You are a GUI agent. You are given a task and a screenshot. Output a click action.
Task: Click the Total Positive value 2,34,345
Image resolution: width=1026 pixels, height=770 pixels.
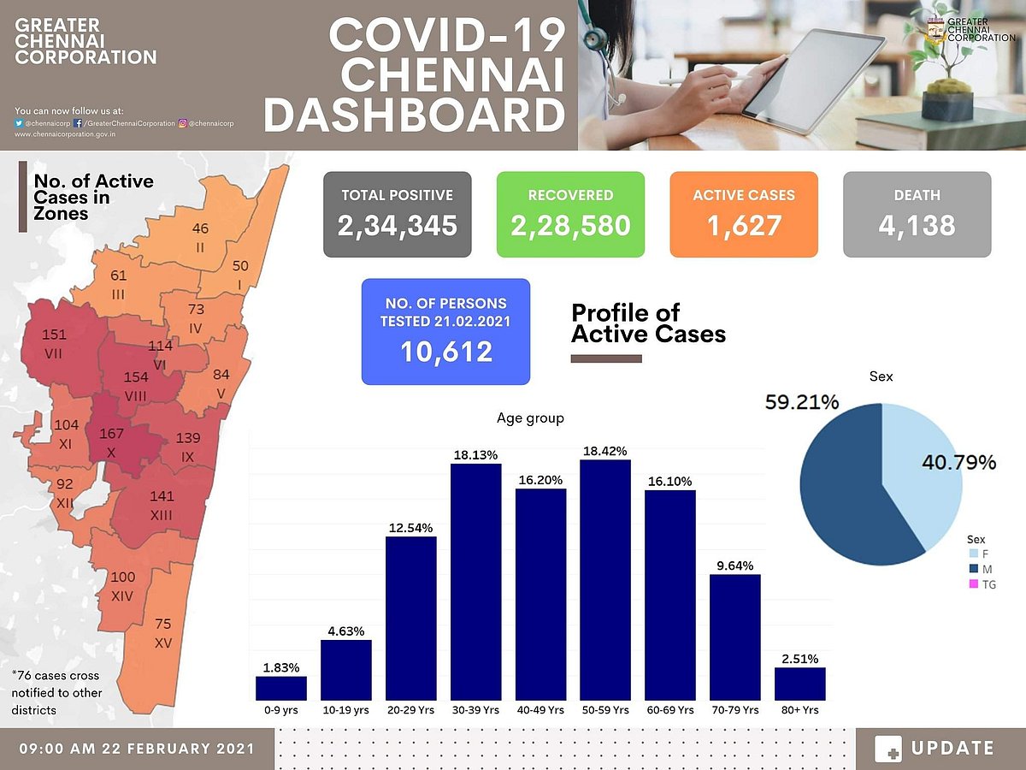pyautogui.click(x=398, y=226)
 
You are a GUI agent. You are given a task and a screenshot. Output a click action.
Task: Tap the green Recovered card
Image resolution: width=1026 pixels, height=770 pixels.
pyautogui.click(x=570, y=214)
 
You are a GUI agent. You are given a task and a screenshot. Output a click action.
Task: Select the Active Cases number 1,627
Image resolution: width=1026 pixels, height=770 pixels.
pyautogui.click(x=743, y=226)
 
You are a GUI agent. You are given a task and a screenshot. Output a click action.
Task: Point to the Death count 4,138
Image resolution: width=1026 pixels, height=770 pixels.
pyautogui.click(x=917, y=226)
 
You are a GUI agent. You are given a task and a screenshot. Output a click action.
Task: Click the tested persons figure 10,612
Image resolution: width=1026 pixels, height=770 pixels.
pyautogui.click(x=445, y=352)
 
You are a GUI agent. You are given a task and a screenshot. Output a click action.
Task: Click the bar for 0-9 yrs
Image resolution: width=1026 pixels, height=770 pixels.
pyautogui.click(x=280, y=689)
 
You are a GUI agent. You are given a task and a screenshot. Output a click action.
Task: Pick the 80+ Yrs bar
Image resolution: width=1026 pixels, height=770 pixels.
pyautogui.click(x=799, y=684)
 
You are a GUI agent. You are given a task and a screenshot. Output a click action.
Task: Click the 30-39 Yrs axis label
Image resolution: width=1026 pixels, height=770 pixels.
pyautogui.click(x=475, y=710)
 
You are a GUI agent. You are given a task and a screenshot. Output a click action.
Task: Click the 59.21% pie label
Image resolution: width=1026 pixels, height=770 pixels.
pyautogui.click(x=803, y=402)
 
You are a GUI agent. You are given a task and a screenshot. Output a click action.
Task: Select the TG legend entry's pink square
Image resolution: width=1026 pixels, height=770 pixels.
pyautogui.click(x=972, y=584)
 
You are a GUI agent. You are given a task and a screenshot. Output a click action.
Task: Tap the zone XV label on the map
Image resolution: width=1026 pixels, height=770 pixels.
pyautogui.click(x=162, y=633)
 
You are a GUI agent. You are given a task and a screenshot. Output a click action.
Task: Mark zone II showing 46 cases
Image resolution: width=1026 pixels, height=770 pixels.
pyautogui.click(x=200, y=236)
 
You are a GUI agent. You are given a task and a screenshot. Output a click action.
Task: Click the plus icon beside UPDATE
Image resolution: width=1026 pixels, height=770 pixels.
pyautogui.click(x=888, y=749)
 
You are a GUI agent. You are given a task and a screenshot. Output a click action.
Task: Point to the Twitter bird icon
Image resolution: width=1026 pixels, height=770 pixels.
pyautogui.click(x=20, y=123)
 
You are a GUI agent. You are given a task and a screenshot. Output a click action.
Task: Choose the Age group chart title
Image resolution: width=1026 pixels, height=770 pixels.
pyautogui.click(x=530, y=418)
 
